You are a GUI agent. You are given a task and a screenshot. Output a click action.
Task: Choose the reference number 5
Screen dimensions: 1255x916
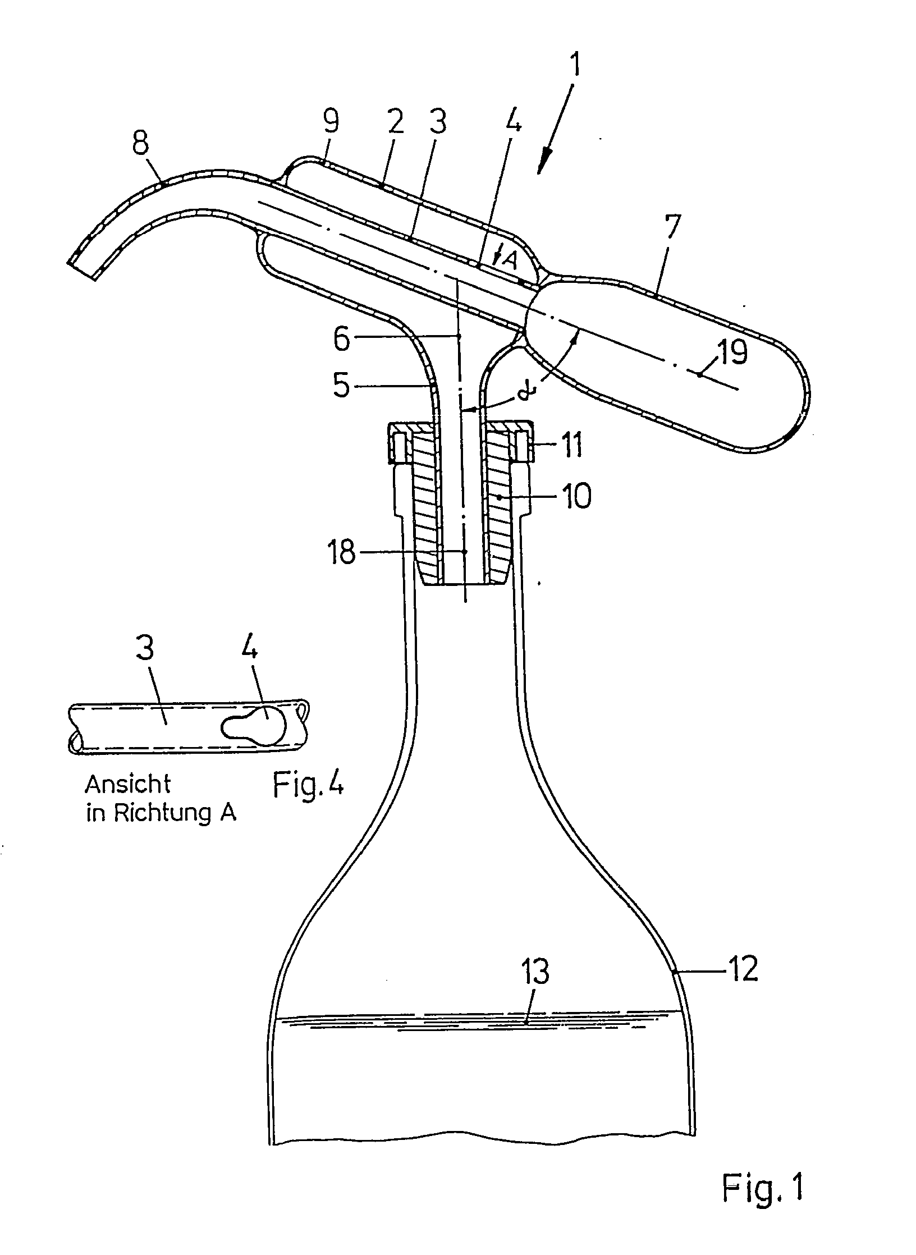(341, 386)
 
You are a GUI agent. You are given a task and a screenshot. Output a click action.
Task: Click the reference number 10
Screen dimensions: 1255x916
(575, 496)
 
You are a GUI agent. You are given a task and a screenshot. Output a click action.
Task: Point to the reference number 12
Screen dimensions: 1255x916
(743, 968)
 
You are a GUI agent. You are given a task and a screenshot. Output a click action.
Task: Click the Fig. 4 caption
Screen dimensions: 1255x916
(308, 785)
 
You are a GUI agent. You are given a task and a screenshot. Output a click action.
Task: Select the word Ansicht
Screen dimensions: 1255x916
(127, 784)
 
